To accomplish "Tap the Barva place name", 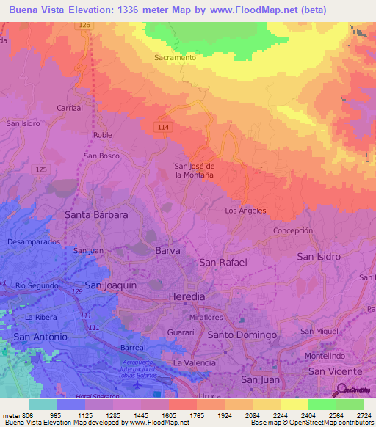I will (x=167, y=251).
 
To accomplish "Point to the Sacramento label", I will (x=175, y=57).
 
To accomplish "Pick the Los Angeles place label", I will (x=245, y=211).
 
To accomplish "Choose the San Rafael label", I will (x=223, y=262).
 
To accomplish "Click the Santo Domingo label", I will (x=242, y=335).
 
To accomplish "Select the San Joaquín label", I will (x=111, y=285).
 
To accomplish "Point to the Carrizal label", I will (x=71, y=107).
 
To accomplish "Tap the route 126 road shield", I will (x=84, y=25).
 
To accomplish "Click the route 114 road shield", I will (x=163, y=128).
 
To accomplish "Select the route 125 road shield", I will (x=41, y=169).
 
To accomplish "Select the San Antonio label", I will (x=40, y=336).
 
